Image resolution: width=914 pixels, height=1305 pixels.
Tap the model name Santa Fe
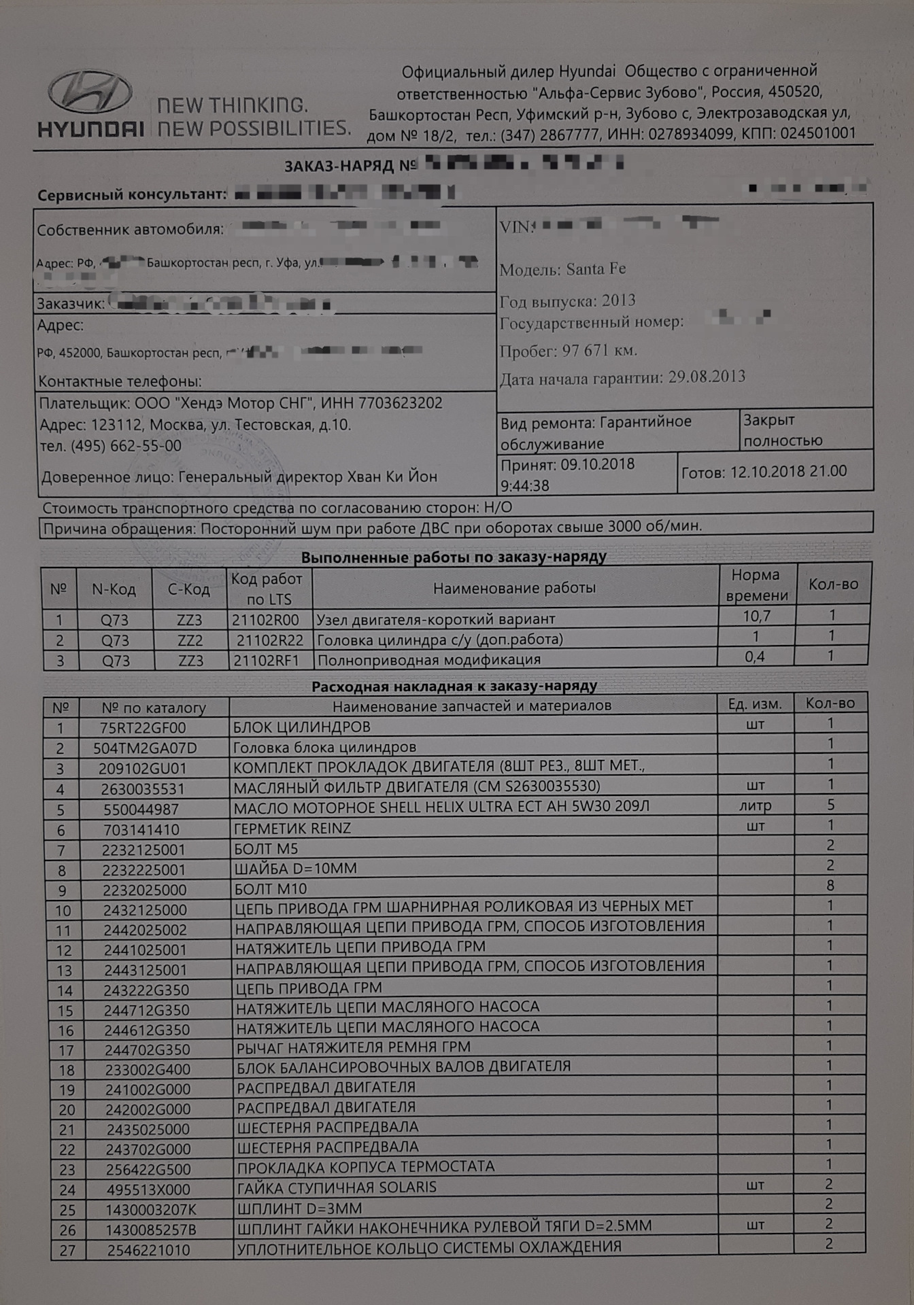[x=596, y=269]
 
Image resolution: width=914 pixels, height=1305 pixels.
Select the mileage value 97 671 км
[x=599, y=351]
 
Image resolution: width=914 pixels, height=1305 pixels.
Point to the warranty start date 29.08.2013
[x=707, y=377]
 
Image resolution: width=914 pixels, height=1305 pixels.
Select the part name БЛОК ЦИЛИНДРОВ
[x=302, y=727]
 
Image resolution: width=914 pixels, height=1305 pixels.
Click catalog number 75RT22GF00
[x=143, y=728]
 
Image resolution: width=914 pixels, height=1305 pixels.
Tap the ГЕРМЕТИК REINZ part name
[x=292, y=829]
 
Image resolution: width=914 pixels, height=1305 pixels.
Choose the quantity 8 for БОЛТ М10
[x=830, y=885]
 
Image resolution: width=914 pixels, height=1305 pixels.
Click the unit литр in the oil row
[x=755, y=806]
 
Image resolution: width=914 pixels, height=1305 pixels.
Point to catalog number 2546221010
[x=148, y=1249]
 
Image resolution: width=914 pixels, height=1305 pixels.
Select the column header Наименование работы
[x=514, y=588]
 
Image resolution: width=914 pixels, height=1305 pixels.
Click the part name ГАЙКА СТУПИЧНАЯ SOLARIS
[x=337, y=1187]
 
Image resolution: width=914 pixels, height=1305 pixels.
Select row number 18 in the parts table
[x=67, y=1070]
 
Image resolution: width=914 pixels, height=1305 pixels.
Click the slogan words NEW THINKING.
[x=233, y=105]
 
